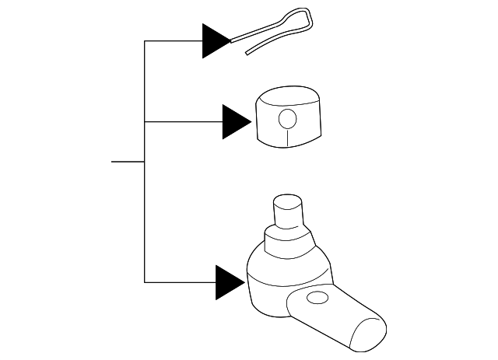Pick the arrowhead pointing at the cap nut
click(235, 122)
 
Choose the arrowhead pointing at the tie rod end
click(230, 282)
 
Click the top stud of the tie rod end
click(287, 210)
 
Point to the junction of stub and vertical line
click(145, 162)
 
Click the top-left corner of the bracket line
click(145, 40)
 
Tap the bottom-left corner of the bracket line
click(145, 282)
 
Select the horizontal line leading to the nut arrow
click(183, 122)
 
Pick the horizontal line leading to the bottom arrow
click(180, 282)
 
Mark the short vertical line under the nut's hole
click(287, 137)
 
